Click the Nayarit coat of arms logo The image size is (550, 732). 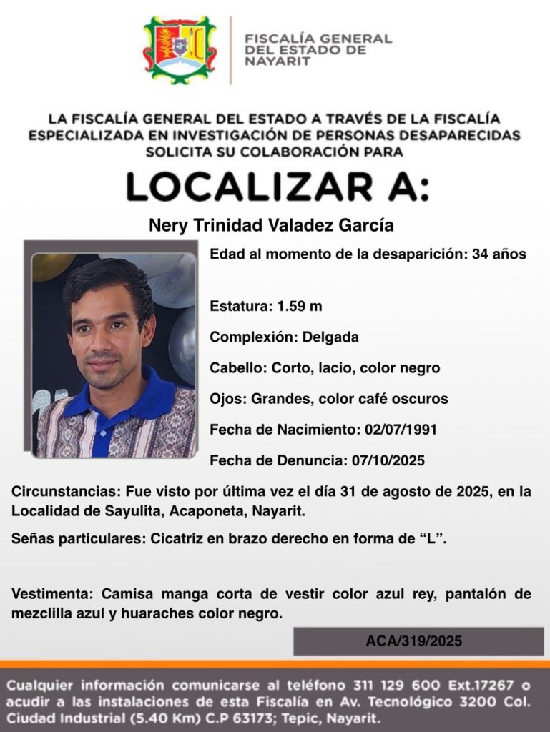[x=180, y=50]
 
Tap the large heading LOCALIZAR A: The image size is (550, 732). [x=278, y=187]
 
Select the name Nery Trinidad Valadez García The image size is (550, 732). [x=271, y=225]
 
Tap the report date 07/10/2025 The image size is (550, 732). [x=388, y=460]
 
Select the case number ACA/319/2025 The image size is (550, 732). [x=414, y=641]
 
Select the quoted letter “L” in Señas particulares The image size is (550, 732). [x=432, y=540]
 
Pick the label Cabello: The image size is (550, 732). [x=238, y=368]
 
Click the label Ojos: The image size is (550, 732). [x=228, y=399]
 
